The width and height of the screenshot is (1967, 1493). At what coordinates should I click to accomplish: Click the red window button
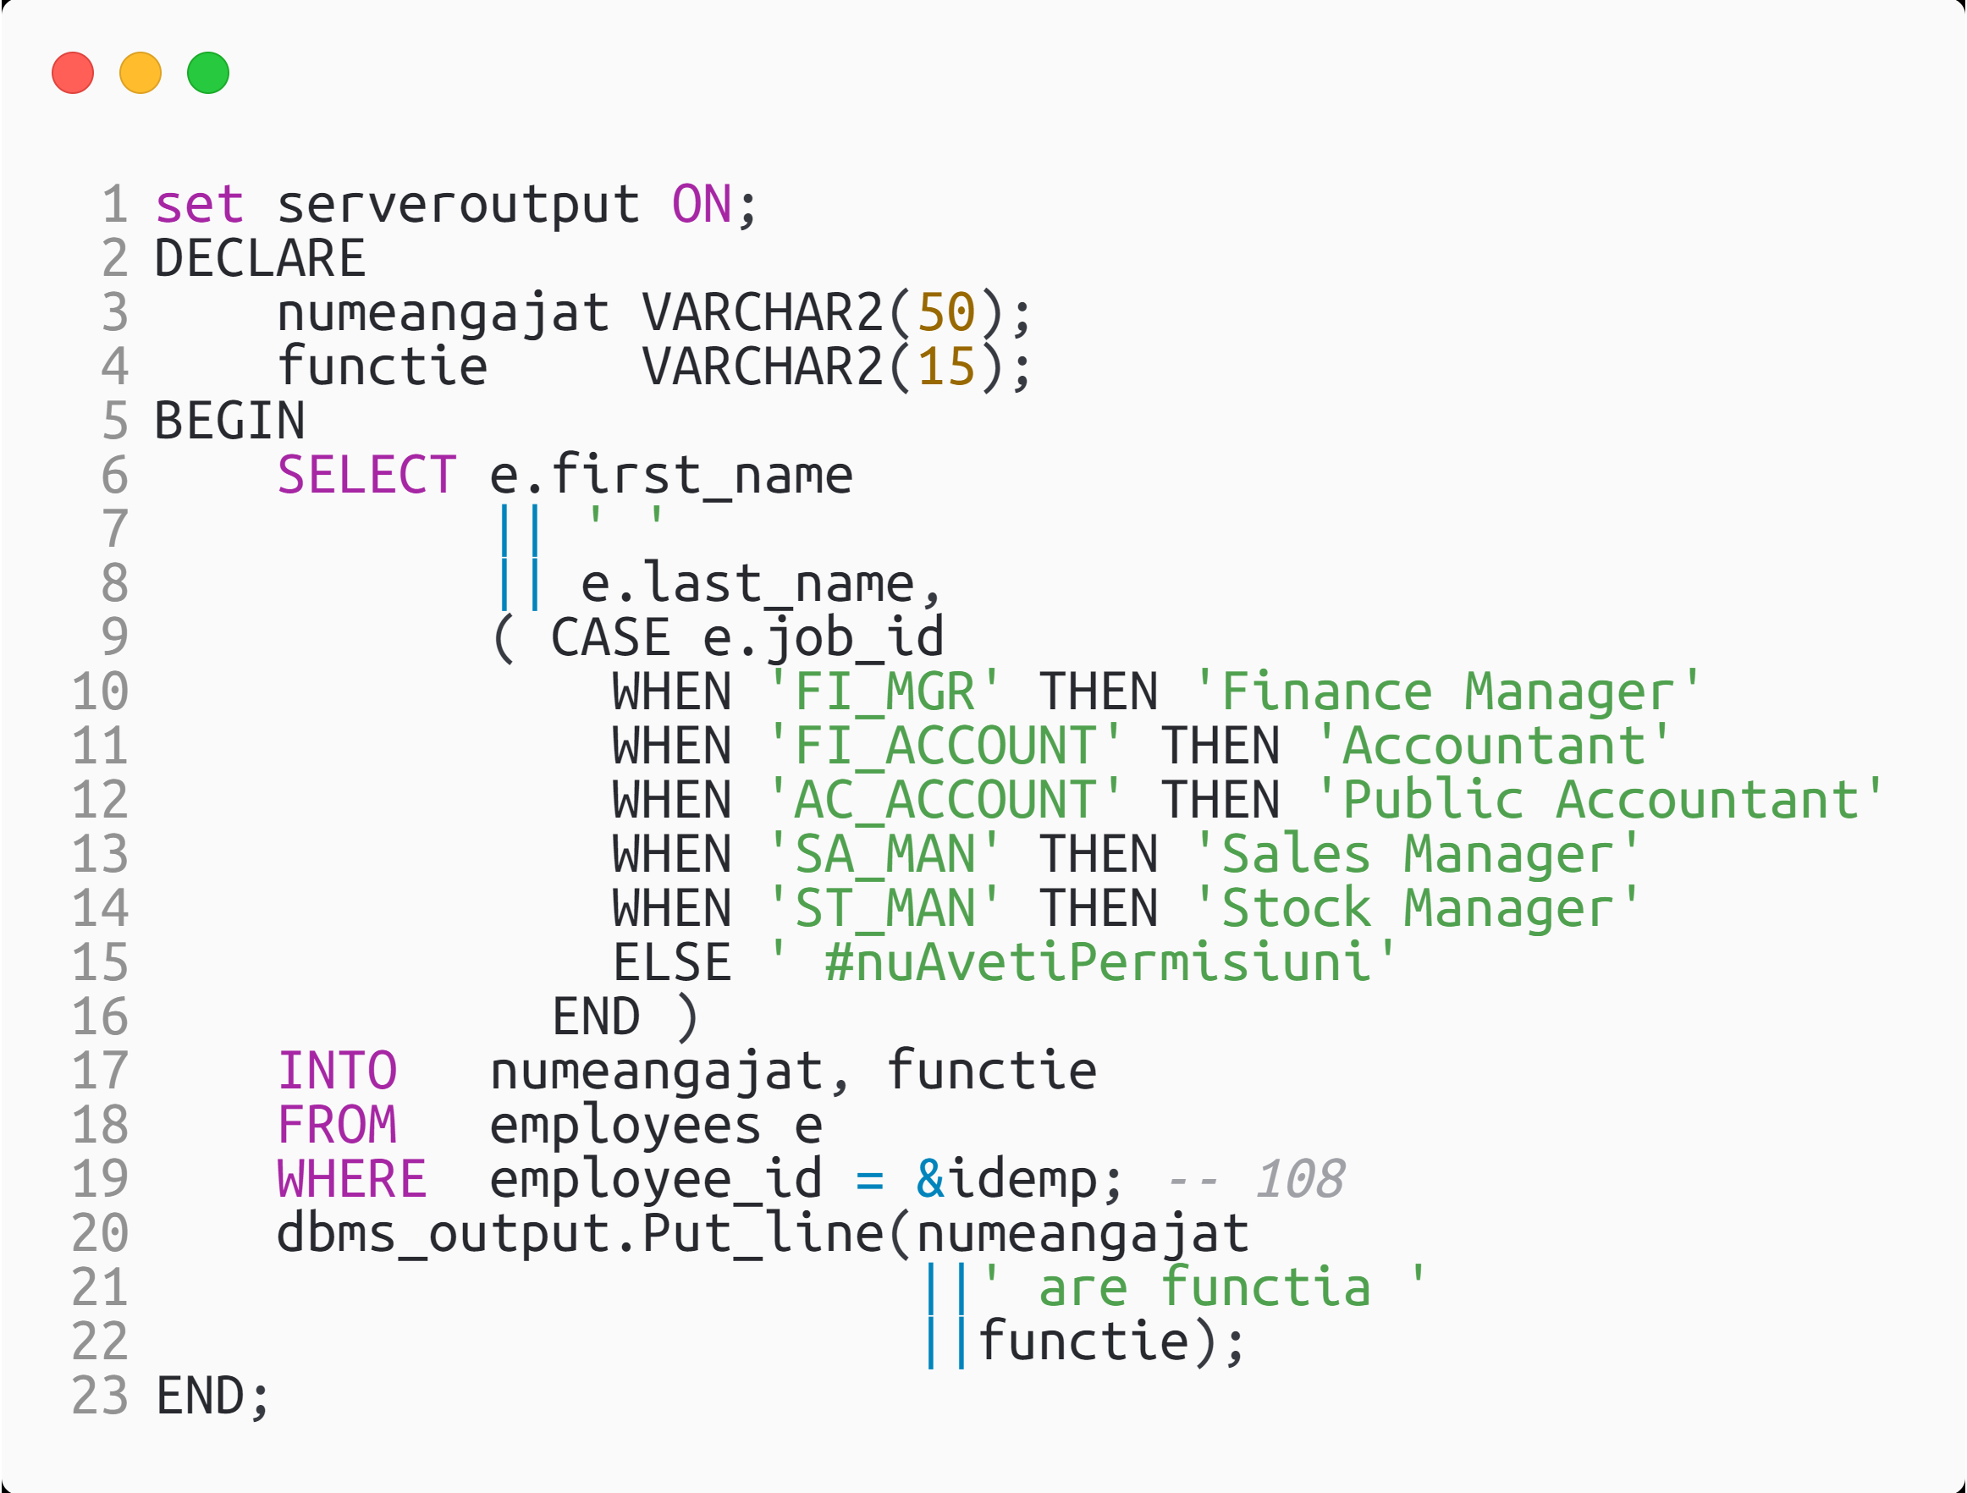coord(73,73)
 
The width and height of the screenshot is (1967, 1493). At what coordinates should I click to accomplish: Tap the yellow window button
coord(140,73)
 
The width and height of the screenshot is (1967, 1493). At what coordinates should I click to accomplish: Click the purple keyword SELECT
coord(366,475)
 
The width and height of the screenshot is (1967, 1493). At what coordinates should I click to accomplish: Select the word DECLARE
coord(260,259)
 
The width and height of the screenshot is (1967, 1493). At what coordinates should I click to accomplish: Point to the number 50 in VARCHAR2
coord(946,313)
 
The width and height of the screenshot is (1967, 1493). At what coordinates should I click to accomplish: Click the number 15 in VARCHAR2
coord(946,367)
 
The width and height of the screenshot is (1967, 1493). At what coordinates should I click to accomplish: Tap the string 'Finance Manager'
coord(1446,691)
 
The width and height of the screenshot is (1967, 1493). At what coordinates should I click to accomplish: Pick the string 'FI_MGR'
coord(884,691)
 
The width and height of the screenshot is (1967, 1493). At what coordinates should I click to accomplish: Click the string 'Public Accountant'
coord(1598,801)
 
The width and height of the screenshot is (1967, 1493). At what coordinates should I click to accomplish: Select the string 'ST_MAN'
coord(884,909)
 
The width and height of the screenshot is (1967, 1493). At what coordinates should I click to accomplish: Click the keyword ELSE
coord(671,963)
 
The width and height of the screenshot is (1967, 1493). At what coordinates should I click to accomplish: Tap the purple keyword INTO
coord(337,1071)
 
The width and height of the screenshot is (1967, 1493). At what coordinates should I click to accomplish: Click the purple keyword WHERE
coord(352,1179)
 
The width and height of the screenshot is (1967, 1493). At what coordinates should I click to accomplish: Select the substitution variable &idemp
coord(1006,1179)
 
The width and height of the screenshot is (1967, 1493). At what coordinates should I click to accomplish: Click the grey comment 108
coord(1299,1179)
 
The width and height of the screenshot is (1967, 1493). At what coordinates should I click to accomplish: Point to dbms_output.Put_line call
coord(580,1234)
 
